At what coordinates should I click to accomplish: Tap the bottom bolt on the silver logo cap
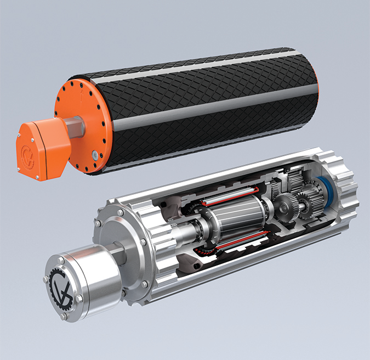click(65, 316)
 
